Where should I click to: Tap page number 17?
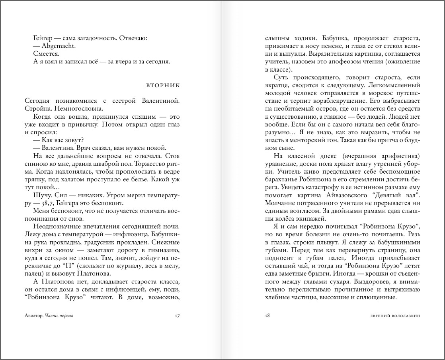[178, 316]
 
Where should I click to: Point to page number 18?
[267, 316]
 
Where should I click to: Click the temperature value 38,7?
[44, 202]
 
